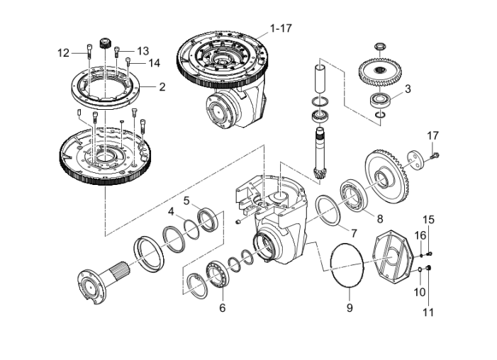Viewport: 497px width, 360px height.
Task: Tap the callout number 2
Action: [162, 87]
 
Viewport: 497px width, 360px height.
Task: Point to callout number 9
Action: [349, 308]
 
